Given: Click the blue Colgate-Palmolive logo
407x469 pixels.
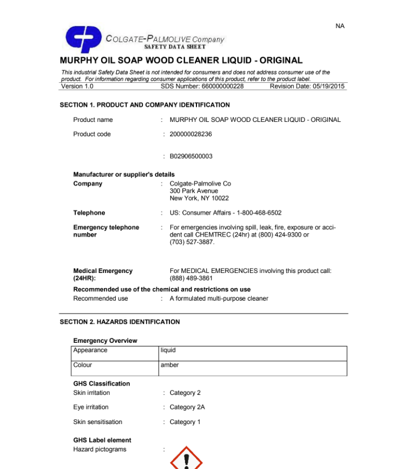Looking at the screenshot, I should click(83, 39).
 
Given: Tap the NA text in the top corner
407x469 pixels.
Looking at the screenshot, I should click(340, 26).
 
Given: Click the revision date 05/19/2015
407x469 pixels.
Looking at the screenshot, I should click(307, 86).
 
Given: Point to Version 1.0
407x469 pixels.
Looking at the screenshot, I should click(77, 86).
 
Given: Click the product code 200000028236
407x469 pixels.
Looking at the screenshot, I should click(191, 134).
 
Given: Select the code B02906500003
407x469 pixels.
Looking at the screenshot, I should click(191, 157).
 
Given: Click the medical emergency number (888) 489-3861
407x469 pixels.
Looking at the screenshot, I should click(187, 278).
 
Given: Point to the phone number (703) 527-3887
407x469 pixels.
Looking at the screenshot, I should click(192, 242).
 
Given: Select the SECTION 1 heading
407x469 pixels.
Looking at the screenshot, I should click(145, 105).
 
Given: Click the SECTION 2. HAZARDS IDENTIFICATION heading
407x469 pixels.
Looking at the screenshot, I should click(120, 322).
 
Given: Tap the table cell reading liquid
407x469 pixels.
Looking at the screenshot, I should click(168, 350).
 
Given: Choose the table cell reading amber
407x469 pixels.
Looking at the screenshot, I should click(169, 365).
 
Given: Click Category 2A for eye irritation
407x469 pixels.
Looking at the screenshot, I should click(187, 407).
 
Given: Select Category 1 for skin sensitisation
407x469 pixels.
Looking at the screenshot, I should click(185, 422).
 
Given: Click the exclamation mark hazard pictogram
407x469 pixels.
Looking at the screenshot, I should click(186, 458).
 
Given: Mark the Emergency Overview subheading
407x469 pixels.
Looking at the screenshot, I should click(105, 341).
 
